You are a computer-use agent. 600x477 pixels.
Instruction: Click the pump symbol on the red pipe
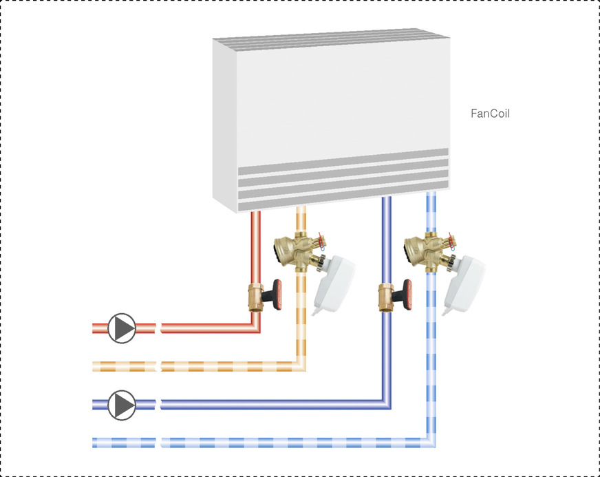pos(122,328)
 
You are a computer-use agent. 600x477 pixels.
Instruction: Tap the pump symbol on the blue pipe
pos(122,405)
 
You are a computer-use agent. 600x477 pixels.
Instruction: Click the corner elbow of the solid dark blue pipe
pos(386,404)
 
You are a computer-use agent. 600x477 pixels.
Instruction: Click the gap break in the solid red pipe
pos(158,328)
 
